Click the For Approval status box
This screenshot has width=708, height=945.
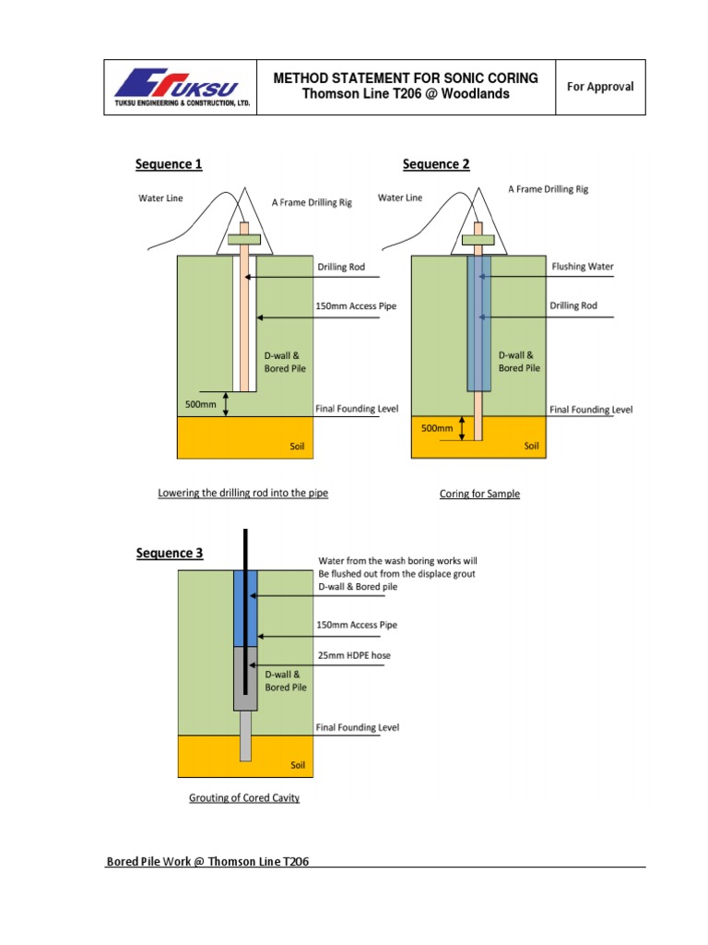(x=600, y=87)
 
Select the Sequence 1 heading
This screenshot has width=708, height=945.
(x=169, y=164)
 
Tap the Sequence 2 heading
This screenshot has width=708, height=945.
(x=436, y=164)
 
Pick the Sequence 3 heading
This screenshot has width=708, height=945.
(x=170, y=554)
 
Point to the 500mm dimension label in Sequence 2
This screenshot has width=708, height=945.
(x=437, y=428)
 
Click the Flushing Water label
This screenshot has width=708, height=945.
(x=582, y=267)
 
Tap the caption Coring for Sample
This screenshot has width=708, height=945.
(x=479, y=494)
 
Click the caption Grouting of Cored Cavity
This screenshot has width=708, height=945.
(x=244, y=797)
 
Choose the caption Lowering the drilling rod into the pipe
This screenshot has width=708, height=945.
(x=242, y=493)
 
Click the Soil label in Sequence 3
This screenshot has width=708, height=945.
(x=298, y=765)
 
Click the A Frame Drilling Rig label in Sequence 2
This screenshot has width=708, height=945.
(x=548, y=189)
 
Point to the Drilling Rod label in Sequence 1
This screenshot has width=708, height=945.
(x=341, y=267)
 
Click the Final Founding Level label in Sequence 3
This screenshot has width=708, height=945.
(x=358, y=727)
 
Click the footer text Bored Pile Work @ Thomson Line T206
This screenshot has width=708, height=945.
(x=207, y=862)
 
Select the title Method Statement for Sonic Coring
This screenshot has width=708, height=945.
(x=406, y=79)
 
